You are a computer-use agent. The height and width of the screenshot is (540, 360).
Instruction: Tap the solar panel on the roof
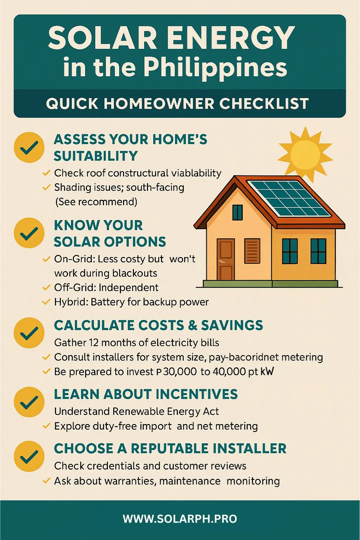288,198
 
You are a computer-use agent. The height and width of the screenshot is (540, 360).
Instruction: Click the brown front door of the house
225,259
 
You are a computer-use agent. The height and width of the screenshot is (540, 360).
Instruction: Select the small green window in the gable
238,212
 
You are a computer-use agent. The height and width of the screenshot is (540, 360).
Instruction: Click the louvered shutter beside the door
252,251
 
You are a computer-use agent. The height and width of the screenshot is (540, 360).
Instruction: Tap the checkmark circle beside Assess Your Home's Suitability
29,147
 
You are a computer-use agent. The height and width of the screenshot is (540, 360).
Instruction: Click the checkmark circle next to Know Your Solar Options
29,233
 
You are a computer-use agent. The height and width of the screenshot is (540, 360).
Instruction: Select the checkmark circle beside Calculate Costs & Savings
29,333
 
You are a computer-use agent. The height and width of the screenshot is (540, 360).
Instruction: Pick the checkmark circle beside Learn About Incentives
29,402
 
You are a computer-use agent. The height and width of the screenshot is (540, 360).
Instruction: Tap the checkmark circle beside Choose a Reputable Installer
29,456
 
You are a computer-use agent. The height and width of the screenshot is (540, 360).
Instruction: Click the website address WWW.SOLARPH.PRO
180,519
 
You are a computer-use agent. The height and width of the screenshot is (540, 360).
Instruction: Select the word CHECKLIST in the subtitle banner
264,104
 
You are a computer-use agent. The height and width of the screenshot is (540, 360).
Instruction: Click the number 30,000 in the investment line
180,372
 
